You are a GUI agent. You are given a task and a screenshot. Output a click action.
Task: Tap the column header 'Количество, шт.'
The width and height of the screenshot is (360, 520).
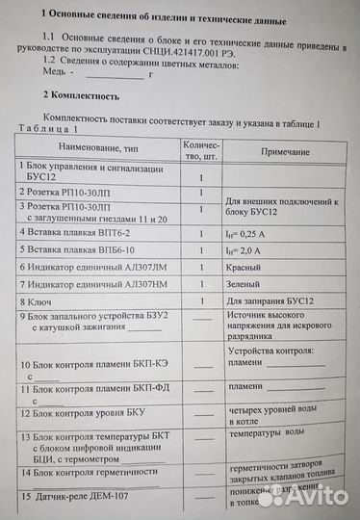point(202,149)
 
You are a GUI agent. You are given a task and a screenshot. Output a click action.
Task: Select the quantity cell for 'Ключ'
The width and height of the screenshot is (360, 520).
point(201,301)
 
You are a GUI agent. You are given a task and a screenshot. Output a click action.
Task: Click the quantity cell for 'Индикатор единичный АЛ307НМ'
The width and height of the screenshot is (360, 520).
point(201,284)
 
